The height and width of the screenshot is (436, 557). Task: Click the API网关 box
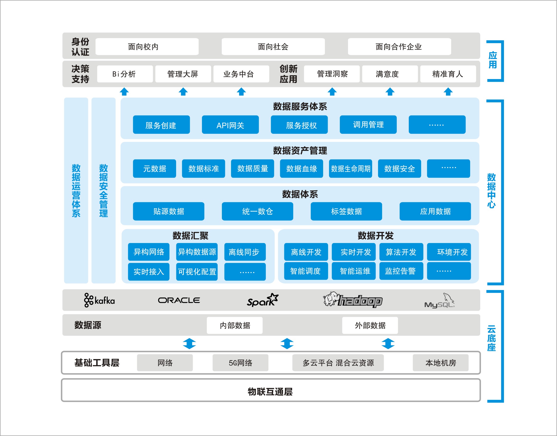click(x=230, y=125)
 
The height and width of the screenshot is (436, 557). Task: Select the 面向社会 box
click(x=273, y=47)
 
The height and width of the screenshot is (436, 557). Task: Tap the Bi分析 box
click(x=125, y=74)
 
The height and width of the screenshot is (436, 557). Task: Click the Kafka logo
click(x=99, y=300)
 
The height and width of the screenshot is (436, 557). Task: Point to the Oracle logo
click(x=179, y=300)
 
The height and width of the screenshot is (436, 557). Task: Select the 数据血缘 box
click(x=302, y=169)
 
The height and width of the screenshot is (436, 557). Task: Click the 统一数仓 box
click(x=257, y=211)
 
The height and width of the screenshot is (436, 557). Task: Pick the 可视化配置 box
click(x=197, y=272)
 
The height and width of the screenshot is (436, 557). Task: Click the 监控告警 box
click(x=401, y=271)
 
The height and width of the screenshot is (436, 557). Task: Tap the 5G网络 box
click(x=240, y=362)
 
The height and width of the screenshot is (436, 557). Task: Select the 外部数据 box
click(x=370, y=325)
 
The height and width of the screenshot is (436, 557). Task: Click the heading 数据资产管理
click(x=300, y=151)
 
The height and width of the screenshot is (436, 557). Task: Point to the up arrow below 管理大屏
click(x=183, y=91)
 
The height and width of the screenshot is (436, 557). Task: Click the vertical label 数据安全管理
click(x=103, y=190)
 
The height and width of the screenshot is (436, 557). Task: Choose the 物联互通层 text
click(x=270, y=391)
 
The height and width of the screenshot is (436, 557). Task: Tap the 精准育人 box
click(x=448, y=74)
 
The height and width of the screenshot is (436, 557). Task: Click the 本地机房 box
click(x=440, y=362)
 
